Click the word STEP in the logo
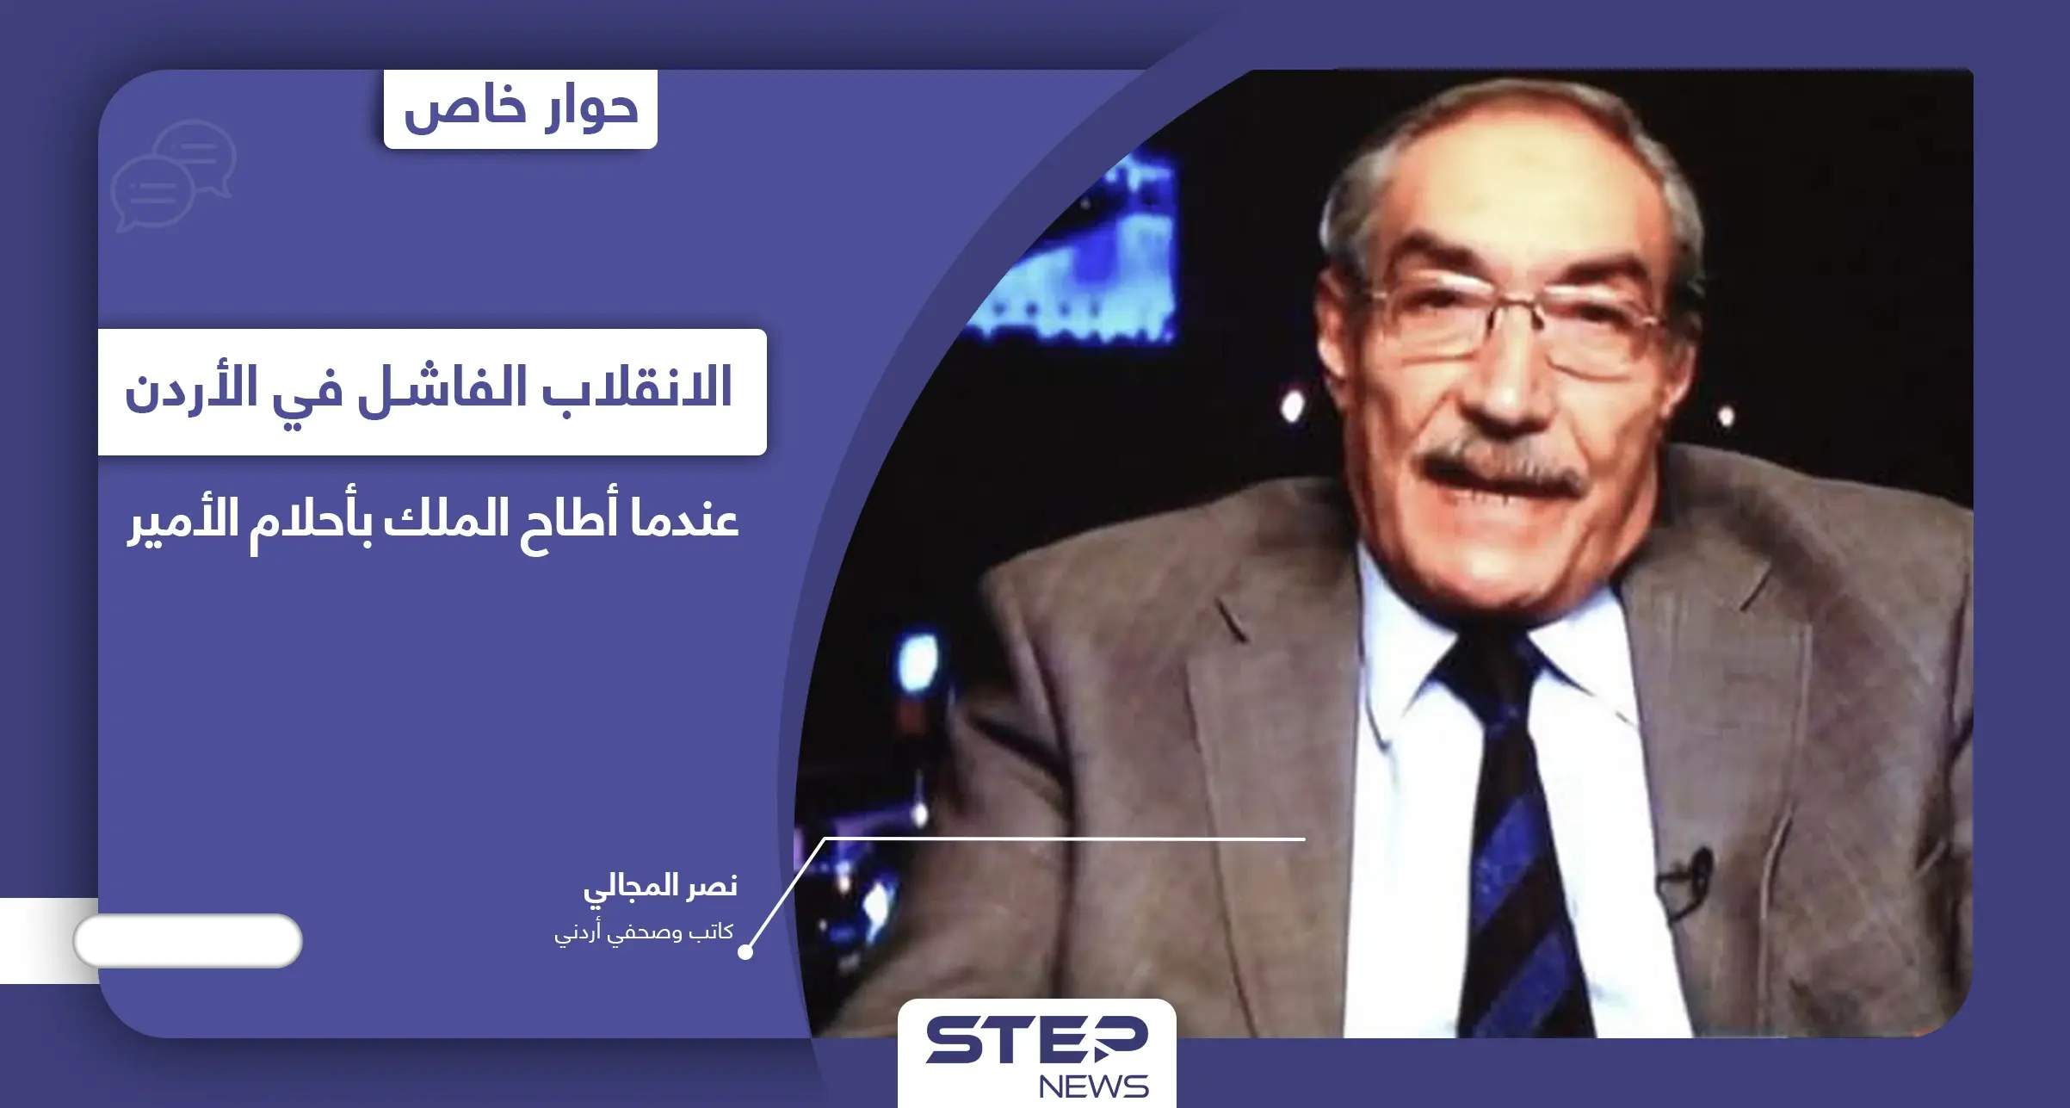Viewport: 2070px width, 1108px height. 1036,1040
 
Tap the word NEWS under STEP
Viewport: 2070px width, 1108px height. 1093,1086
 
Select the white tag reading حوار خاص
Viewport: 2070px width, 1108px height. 521,109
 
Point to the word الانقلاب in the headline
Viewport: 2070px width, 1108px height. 637,387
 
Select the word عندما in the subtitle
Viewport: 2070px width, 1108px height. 684,519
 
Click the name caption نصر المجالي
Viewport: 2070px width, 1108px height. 660,886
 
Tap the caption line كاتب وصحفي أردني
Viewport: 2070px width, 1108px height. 644,932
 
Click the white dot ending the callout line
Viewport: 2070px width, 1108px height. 745,951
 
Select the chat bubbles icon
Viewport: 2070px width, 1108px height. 174,176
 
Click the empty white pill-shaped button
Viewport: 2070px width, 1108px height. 188,941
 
